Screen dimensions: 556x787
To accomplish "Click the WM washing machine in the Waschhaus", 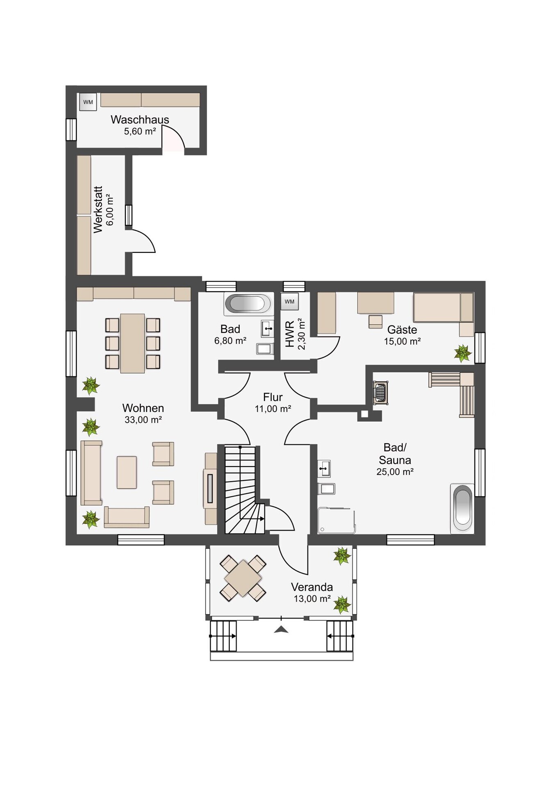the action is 88,102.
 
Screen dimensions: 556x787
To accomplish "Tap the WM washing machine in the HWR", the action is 290,302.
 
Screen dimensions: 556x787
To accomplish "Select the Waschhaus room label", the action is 140,120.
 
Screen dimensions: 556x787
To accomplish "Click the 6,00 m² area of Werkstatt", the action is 110,209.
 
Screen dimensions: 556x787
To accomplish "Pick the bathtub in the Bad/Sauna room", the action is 462,509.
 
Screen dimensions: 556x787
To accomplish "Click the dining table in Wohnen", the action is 132,343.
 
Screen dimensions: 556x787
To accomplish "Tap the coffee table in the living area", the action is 127,472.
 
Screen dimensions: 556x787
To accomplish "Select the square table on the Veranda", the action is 243,578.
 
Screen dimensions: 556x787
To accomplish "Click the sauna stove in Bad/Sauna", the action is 381,393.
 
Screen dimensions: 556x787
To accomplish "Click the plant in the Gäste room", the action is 463,353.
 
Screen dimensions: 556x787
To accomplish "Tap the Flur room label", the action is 273,397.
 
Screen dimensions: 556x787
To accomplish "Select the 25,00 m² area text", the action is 395,472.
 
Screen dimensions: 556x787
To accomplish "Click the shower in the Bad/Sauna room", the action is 336,521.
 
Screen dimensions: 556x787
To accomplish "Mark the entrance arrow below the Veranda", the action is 281,630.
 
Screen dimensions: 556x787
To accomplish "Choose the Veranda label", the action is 312,587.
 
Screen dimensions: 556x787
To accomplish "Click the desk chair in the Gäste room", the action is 375,321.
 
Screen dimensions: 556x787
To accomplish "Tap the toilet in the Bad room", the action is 265,349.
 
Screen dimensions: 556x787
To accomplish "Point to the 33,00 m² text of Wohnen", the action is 143,420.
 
